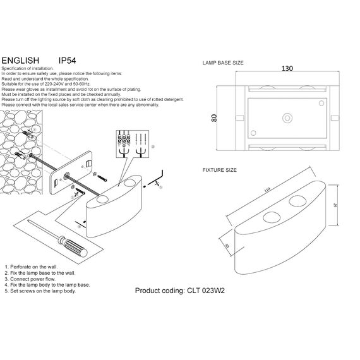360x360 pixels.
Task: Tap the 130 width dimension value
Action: pos(287,69)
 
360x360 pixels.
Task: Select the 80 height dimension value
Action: pos(214,119)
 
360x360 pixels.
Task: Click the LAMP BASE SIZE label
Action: pos(223,64)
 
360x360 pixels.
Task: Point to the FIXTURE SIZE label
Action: pos(219,171)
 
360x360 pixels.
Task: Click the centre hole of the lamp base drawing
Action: pos(287,117)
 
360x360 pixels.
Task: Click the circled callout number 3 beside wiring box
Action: pos(152,145)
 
